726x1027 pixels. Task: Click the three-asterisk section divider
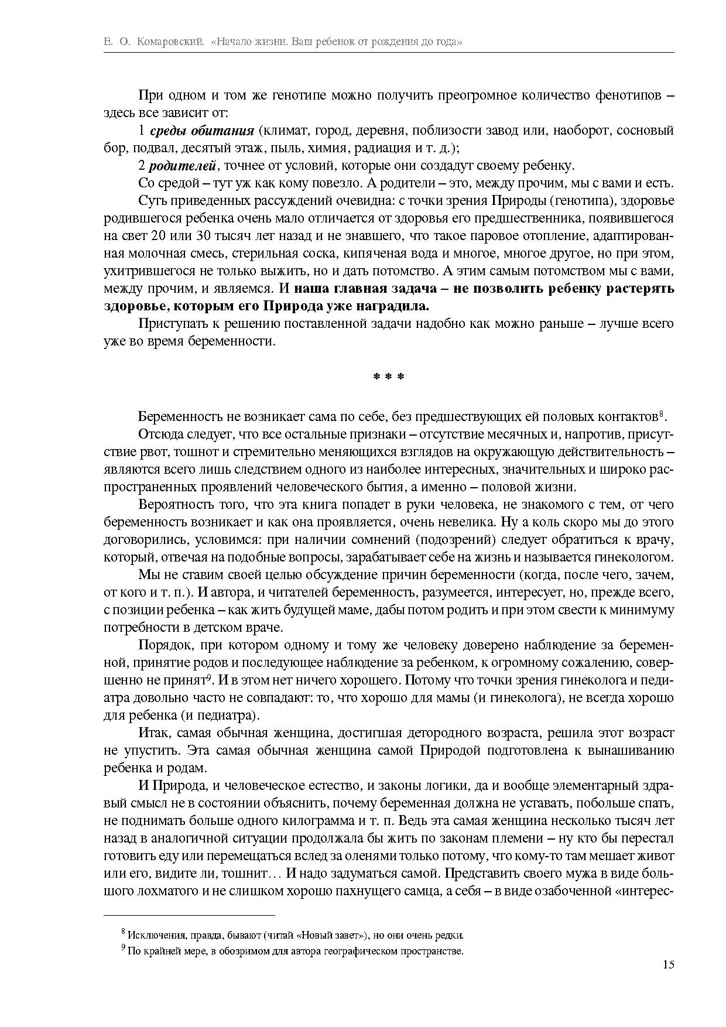coord(389,377)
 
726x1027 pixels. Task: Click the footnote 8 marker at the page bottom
coord(123,931)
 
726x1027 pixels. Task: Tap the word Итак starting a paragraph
coord(154,732)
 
